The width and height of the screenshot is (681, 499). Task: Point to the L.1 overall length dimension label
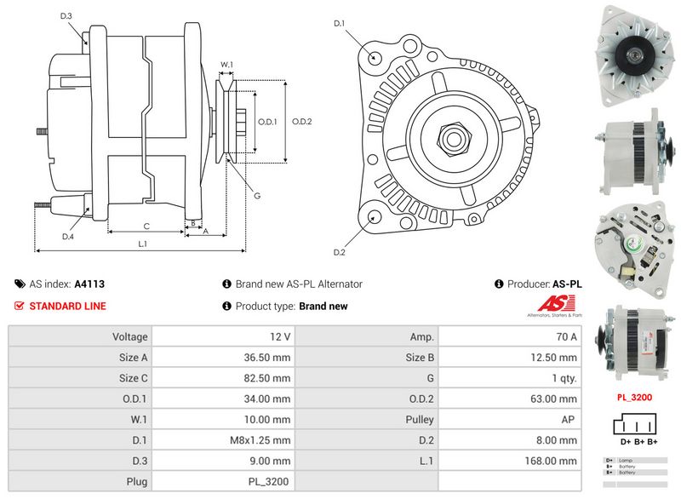tap(143, 244)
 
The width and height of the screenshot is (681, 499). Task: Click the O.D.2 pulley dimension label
tap(302, 122)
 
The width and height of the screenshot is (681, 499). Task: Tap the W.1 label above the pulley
tap(227, 65)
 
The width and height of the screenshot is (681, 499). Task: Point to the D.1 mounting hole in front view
tap(375, 56)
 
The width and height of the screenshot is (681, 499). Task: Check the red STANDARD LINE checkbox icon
tap(20, 306)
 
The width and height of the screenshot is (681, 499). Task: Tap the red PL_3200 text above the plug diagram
tap(634, 397)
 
